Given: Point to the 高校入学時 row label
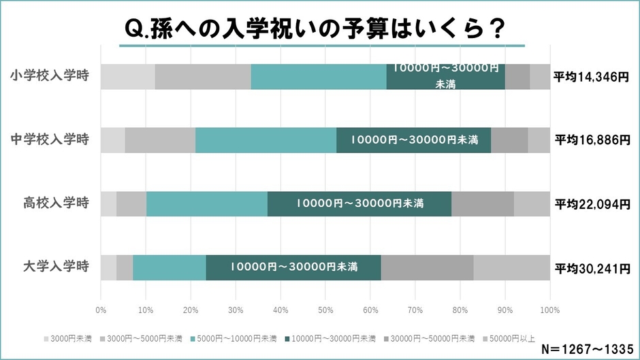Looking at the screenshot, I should point(56,203).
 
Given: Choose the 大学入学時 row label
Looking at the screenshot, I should point(56,267).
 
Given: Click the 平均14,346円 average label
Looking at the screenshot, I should point(591,77).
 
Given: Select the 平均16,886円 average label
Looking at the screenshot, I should point(591,140).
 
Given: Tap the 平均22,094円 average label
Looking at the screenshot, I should point(591,203).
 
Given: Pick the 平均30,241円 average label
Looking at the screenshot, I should point(591,267).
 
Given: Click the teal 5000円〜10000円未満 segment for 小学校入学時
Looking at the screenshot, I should point(318,76).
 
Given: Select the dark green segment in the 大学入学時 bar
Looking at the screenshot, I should point(293,267).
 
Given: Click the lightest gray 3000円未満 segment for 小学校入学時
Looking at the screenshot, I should point(127,76).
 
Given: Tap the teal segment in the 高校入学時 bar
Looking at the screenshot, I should point(206,203).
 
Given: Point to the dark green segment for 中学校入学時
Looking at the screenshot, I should point(413,140).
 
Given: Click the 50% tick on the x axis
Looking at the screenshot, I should point(325,310).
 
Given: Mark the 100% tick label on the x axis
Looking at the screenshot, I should point(549,310).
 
